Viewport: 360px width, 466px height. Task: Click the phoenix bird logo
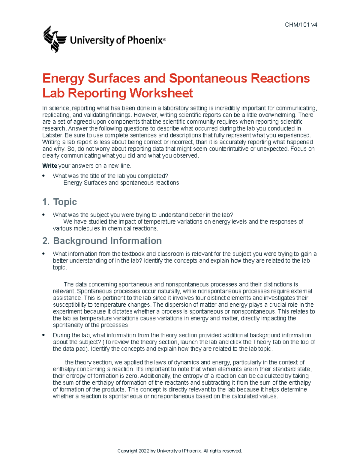click(x=54, y=39)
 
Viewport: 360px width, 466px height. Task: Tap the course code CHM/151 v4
click(x=301, y=25)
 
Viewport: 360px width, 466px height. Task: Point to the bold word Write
click(x=50, y=166)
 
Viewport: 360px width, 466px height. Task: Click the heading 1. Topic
click(x=60, y=202)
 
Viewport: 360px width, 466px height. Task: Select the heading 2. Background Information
click(x=102, y=241)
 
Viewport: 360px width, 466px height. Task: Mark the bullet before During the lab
click(x=44, y=335)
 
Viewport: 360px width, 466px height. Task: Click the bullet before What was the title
click(x=44, y=176)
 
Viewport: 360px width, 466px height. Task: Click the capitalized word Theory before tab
click(x=262, y=342)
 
